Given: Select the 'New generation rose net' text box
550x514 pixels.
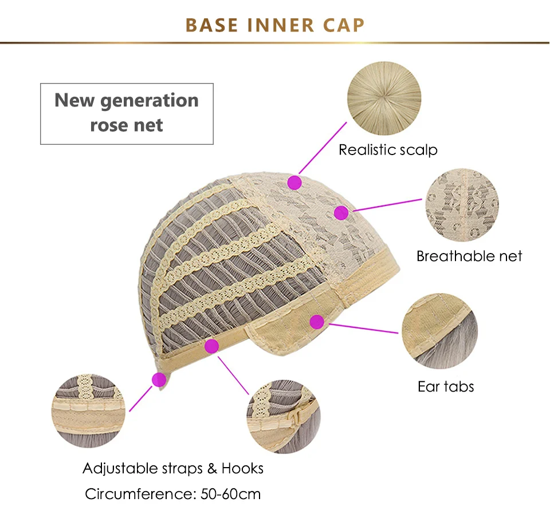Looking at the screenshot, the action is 127,113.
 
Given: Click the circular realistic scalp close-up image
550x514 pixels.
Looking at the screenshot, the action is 385,98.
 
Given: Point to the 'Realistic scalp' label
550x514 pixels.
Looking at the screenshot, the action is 388,150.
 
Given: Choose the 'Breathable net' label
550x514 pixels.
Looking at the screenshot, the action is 469,256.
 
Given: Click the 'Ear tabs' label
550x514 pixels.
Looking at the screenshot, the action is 446,386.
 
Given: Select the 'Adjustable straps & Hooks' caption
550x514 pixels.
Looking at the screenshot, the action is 173,468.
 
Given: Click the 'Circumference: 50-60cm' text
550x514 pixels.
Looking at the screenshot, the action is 173,493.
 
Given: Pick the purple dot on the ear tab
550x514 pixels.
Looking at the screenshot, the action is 316,322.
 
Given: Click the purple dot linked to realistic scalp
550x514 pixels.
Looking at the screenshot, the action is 294,183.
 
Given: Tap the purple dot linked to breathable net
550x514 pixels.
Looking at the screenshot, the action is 341,213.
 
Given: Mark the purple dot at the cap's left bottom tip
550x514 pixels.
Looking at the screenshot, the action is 159,378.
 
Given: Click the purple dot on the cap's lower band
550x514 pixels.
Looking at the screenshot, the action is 211,346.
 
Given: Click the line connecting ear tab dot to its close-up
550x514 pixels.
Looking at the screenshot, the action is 361,328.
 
